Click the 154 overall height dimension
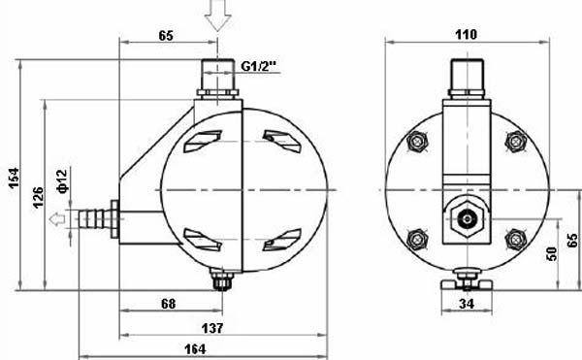coord(15,179)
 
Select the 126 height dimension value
coord(38,197)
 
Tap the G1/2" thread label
coord(259,66)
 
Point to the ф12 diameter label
coord(63,181)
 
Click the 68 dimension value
coord(169,304)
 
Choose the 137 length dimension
coord(212,328)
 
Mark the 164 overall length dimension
coord(195,349)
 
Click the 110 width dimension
coord(467,35)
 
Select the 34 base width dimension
coord(467,304)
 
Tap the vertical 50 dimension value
coord(552,254)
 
